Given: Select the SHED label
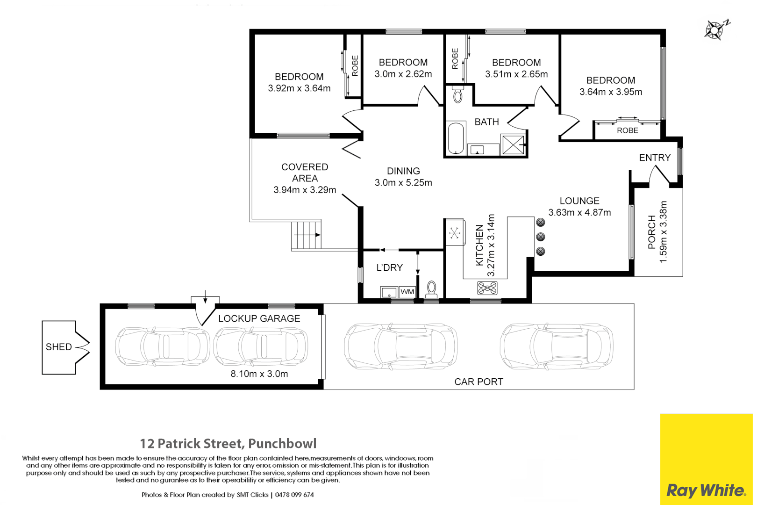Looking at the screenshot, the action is (x=59, y=347).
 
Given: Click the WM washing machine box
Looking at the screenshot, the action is (x=407, y=292).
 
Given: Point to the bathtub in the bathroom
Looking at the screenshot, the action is (x=455, y=138).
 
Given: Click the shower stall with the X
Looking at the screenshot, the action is (x=513, y=145).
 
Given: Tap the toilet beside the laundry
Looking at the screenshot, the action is (x=432, y=289).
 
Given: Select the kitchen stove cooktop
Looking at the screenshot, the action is (x=487, y=288).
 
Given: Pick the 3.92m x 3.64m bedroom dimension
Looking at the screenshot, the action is (x=299, y=88).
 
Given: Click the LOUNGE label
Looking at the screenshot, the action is (x=579, y=201).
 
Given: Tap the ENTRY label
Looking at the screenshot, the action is (x=655, y=158).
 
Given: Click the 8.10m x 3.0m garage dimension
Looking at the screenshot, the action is (x=259, y=374).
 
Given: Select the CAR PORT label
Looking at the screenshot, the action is (x=478, y=382).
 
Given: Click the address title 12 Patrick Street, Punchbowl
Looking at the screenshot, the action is (x=228, y=443).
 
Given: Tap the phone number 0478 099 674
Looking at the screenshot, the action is (x=294, y=495).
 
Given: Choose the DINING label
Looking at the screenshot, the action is (x=403, y=171).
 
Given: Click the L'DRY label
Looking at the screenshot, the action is (x=389, y=267).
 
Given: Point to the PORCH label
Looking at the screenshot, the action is (x=651, y=232).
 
